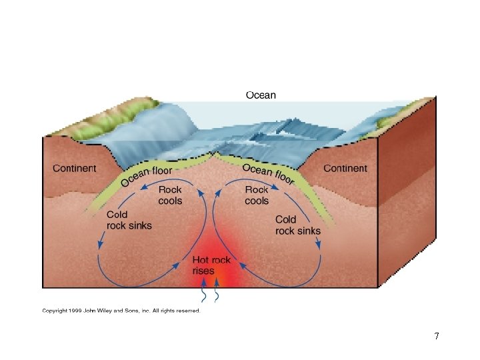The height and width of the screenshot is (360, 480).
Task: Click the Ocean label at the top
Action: pos(261,95)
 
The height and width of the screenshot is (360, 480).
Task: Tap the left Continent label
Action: pos(75,169)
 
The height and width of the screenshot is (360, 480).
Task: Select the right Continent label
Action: pos(345,169)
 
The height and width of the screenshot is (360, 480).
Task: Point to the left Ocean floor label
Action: pos(145,175)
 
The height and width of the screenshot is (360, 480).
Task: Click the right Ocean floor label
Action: pos(268,174)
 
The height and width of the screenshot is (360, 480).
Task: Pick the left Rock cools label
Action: pos(170,195)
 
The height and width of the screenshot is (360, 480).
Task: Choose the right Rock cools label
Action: pos(257,195)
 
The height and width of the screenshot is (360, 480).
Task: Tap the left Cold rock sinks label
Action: pos(129,220)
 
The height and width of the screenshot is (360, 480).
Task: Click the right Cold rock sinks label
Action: pos(297,225)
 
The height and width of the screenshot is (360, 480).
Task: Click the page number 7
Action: pos(436,336)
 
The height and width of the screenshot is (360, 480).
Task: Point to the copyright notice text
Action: pos(121,310)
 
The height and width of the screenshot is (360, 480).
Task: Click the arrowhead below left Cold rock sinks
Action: pos(100,246)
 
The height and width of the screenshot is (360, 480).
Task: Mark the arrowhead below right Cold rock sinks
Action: pos(318,245)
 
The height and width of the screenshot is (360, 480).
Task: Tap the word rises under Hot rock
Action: pos(203,271)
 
